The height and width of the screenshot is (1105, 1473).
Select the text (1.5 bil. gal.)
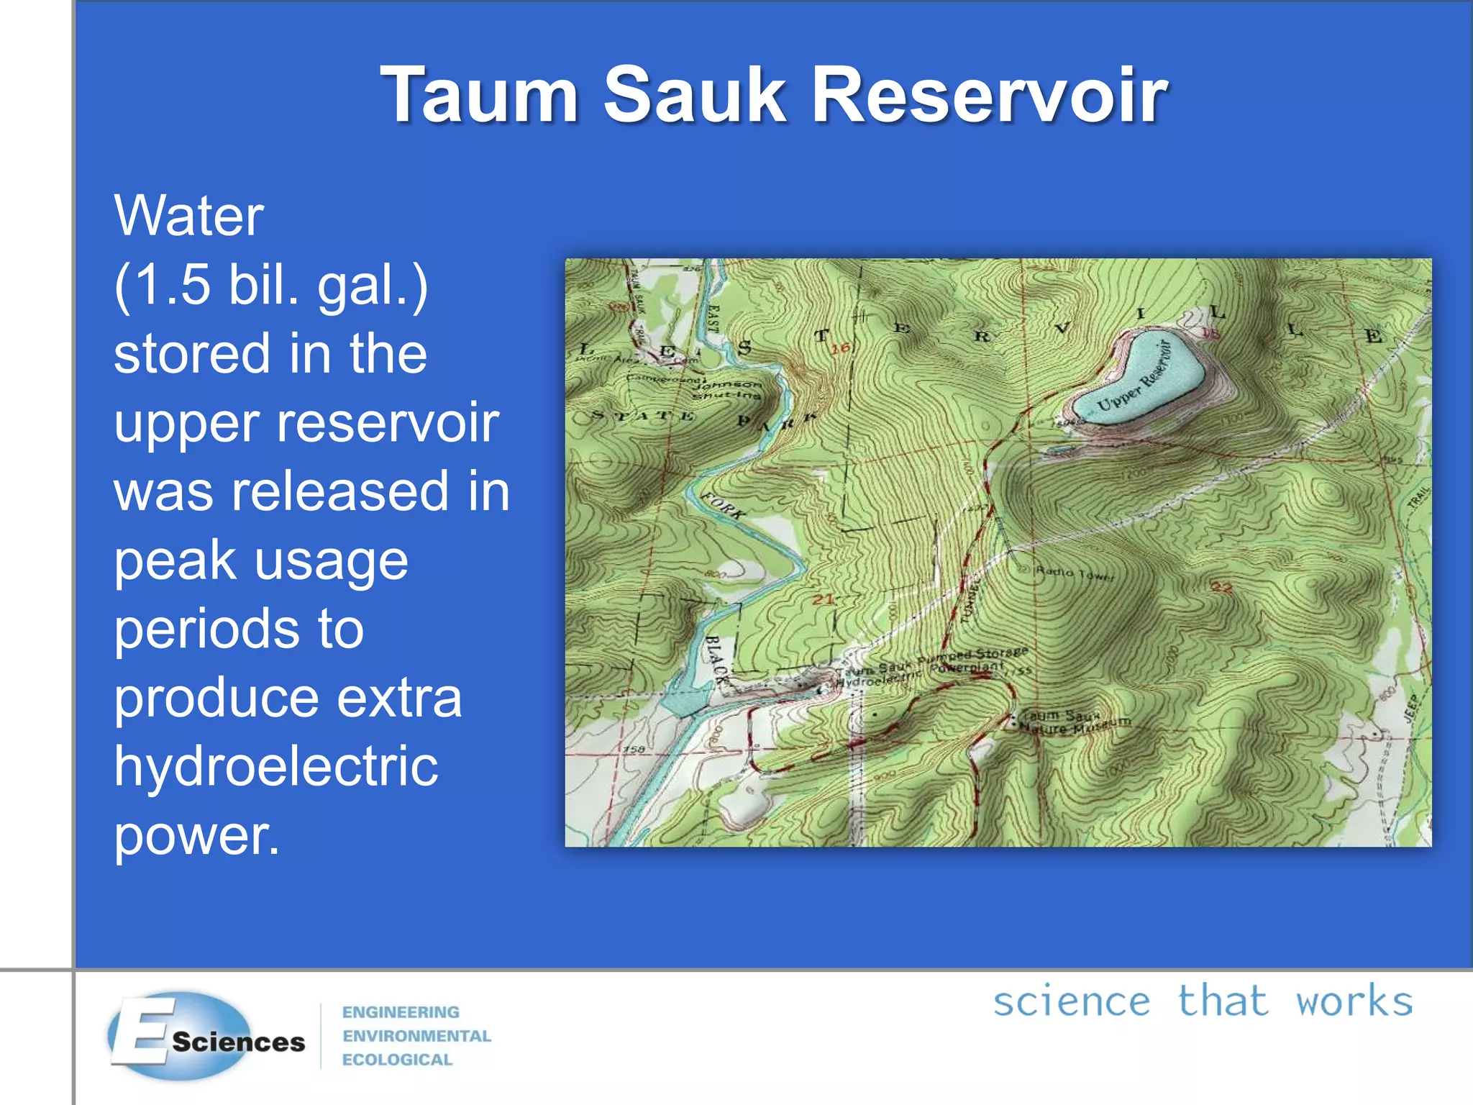pos(270,286)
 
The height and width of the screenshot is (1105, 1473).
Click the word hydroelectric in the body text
pos(276,766)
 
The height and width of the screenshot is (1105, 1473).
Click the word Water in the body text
pos(188,216)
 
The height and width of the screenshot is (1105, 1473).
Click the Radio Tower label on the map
pos(1075,573)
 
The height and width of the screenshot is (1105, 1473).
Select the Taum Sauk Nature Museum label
pos(1075,722)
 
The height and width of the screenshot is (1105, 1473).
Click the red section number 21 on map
pos(824,599)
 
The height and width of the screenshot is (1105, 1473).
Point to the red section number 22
pos(1221,587)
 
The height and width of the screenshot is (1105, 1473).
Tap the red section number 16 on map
pos(840,348)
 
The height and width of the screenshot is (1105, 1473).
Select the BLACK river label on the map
pos(716,659)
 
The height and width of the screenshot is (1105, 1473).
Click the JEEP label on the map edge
pos(1411,706)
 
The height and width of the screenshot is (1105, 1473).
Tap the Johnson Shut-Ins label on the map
pos(726,389)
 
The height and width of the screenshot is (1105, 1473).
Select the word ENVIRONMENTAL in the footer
pos(416,1036)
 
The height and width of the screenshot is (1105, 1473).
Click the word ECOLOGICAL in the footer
pos(397,1060)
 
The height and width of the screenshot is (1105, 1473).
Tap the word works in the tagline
pos(1354,1001)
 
